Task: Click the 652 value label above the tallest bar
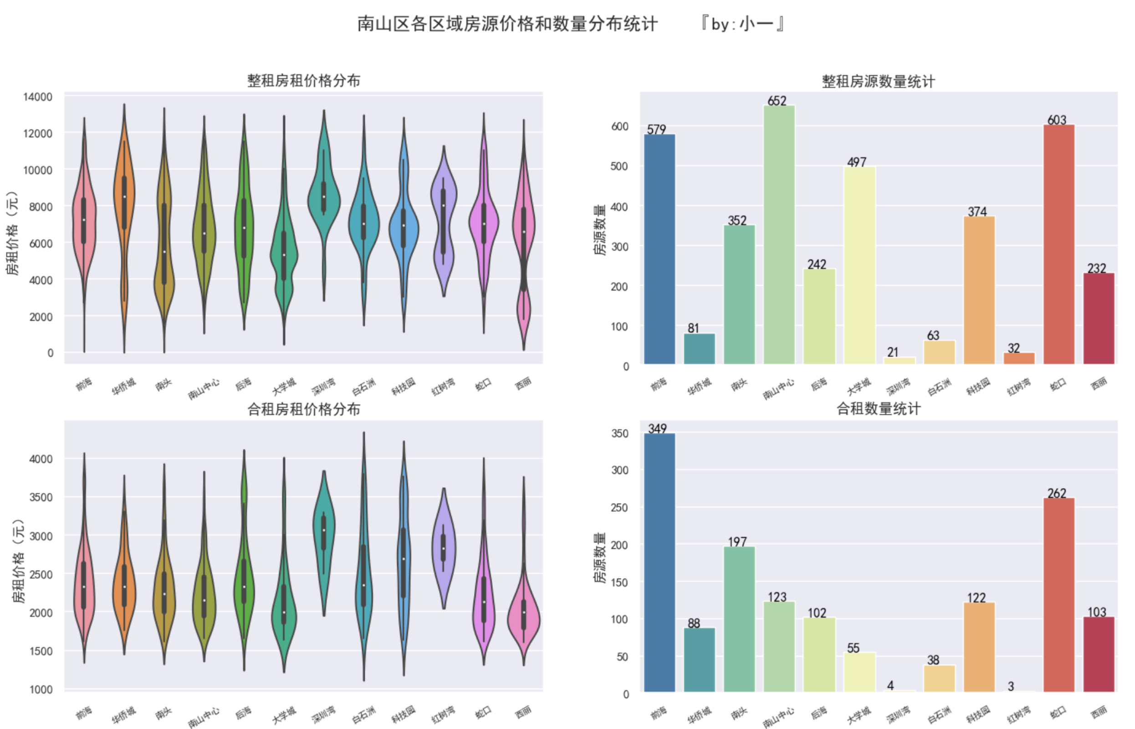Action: pyautogui.click(x=777, y=101)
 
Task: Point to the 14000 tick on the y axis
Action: pyautogui.click(x=38, y=97)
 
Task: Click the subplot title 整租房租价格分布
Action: pyautogui.click(x=303, y=81)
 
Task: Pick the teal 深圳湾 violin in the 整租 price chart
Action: pyautogui.click(x=324, y=199)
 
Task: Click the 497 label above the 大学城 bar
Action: pyautogui.click(x=857, y=162)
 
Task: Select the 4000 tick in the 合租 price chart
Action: pyautogui.click(x=41, y=459)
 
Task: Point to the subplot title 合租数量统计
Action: pyautogui.click(x=878, y=409)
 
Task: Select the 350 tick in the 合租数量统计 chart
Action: pyautogui.click(x=619, y=433)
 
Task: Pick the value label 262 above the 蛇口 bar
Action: pyautogui.click(x=1057, y=493)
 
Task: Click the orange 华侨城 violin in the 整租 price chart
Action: pyautogui.click(x=124, y=199)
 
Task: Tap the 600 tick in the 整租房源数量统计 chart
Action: pyautogui.click(x=619, y=126)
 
